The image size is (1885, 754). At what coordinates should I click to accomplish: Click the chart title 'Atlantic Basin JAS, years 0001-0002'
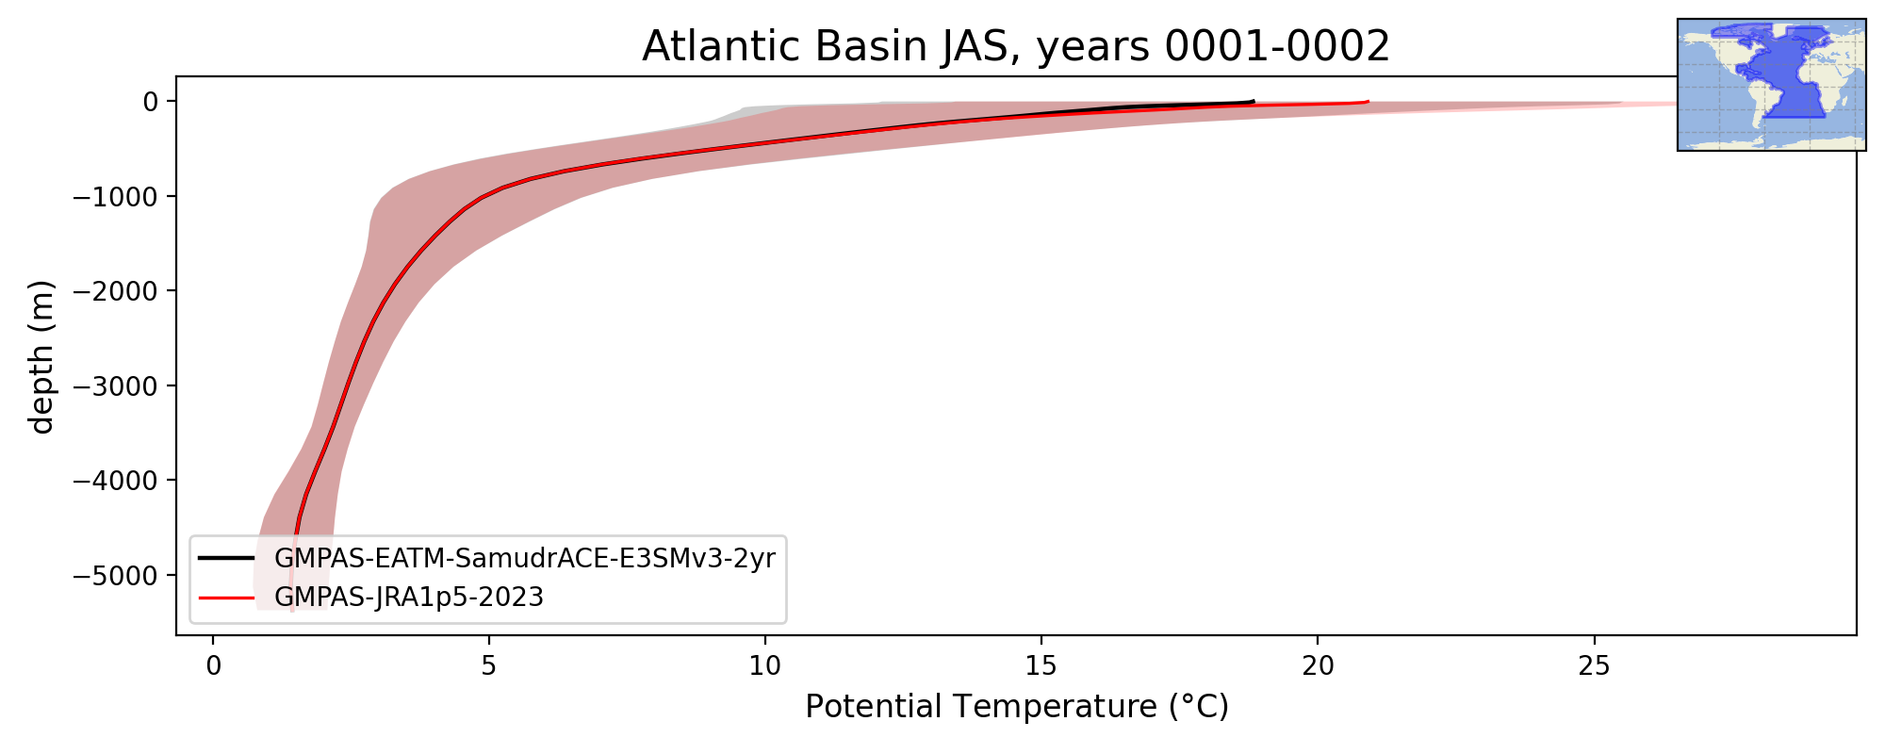[x=1016, y=46]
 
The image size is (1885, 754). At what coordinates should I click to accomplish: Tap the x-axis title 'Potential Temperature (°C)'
[x=1017, y=706]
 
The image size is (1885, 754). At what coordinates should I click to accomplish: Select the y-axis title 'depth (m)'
[x=42, y=356]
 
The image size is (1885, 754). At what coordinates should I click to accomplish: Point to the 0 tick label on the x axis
[x=213, y=666]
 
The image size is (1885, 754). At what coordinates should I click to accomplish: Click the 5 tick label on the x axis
[x=489, y=666]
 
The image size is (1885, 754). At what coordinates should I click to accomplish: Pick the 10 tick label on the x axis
[x=765, y=666]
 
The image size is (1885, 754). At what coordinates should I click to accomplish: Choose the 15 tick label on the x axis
[x=1041, y=666]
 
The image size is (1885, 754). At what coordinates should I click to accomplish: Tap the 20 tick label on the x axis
[x=1318, y=666]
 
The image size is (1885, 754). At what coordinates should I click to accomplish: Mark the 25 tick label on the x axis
[x=1594, y=666]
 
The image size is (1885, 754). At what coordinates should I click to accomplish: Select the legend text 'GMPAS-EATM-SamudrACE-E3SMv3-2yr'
[x=525, y=559]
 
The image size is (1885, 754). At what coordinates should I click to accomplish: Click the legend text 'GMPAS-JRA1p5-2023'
[x=409, y=598]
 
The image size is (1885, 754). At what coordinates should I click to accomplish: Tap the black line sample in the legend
[x=226, y=559]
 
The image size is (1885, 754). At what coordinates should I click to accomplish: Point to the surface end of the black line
[x=1254, y=101]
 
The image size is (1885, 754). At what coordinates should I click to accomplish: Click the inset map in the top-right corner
[x=1772, y=85]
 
